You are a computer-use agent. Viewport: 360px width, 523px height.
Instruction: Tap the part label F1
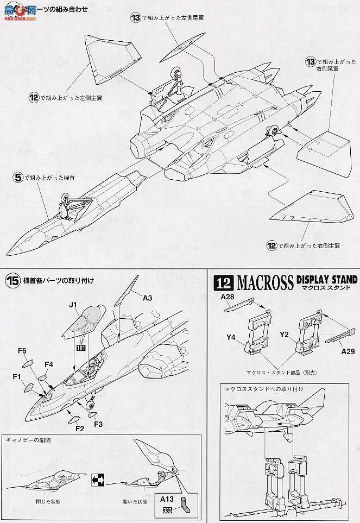[17, 376]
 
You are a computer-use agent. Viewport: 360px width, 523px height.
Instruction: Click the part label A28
[228, 297]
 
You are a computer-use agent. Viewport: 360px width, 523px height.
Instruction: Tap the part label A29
[348, 351]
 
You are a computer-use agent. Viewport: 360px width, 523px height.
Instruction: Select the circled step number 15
[13, 281]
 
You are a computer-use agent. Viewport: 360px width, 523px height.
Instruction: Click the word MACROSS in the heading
[264, 282]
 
